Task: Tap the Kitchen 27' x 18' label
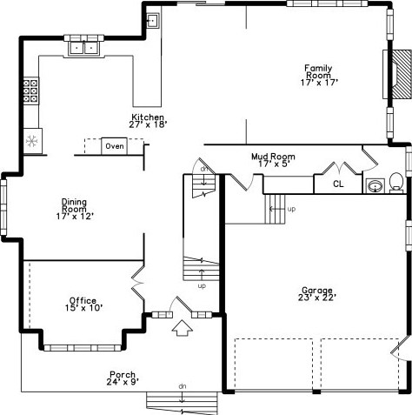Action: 149,121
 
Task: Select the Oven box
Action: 114,146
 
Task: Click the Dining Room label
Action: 74,210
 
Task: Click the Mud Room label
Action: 270,159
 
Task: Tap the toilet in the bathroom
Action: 396,183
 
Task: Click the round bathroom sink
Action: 375,185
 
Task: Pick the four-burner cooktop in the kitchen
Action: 30,90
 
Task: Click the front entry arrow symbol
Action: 182,329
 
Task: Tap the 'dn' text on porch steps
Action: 182,385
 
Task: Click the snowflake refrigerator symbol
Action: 30,140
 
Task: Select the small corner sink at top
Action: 152,21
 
